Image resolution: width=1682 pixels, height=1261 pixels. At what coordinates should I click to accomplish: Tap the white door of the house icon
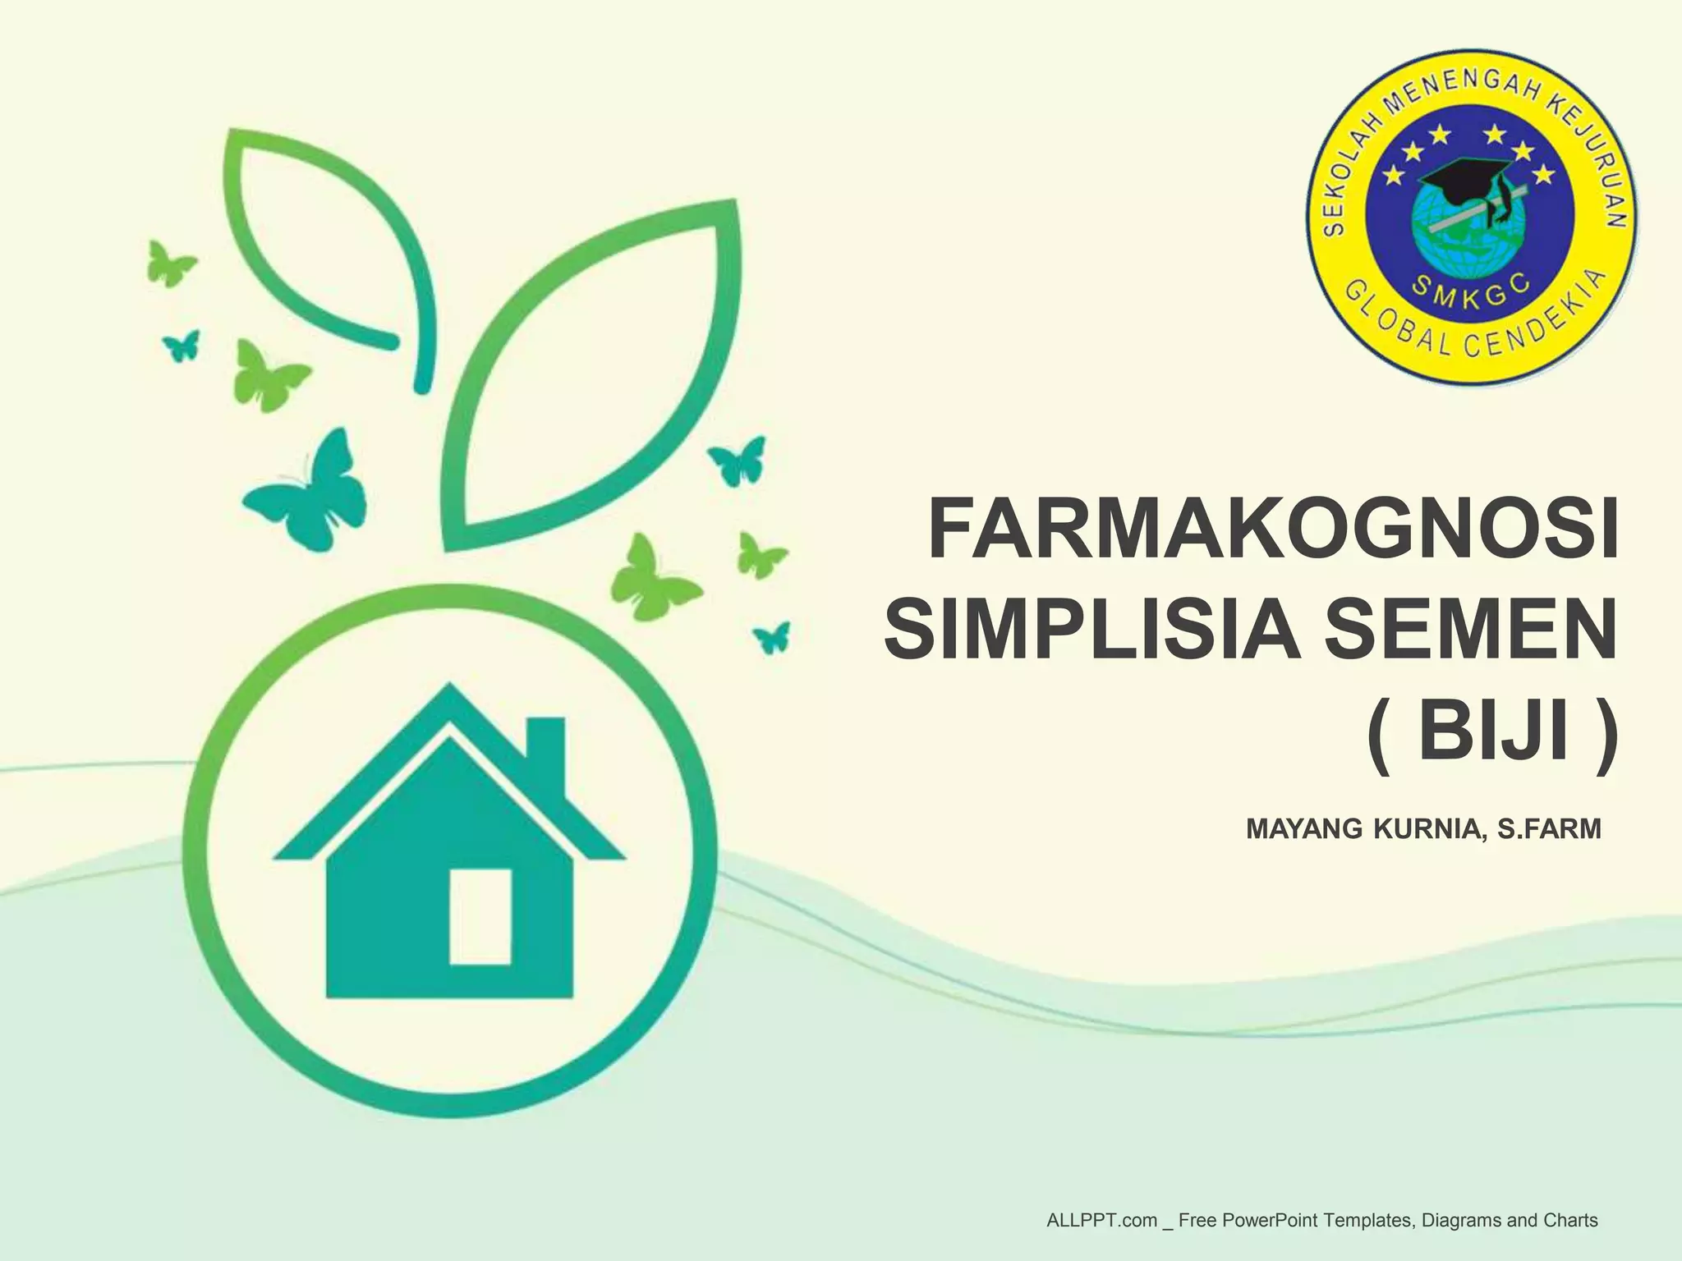(x=480, y=915)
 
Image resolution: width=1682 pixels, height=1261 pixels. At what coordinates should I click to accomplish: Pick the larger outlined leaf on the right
(x=591, y=378)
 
